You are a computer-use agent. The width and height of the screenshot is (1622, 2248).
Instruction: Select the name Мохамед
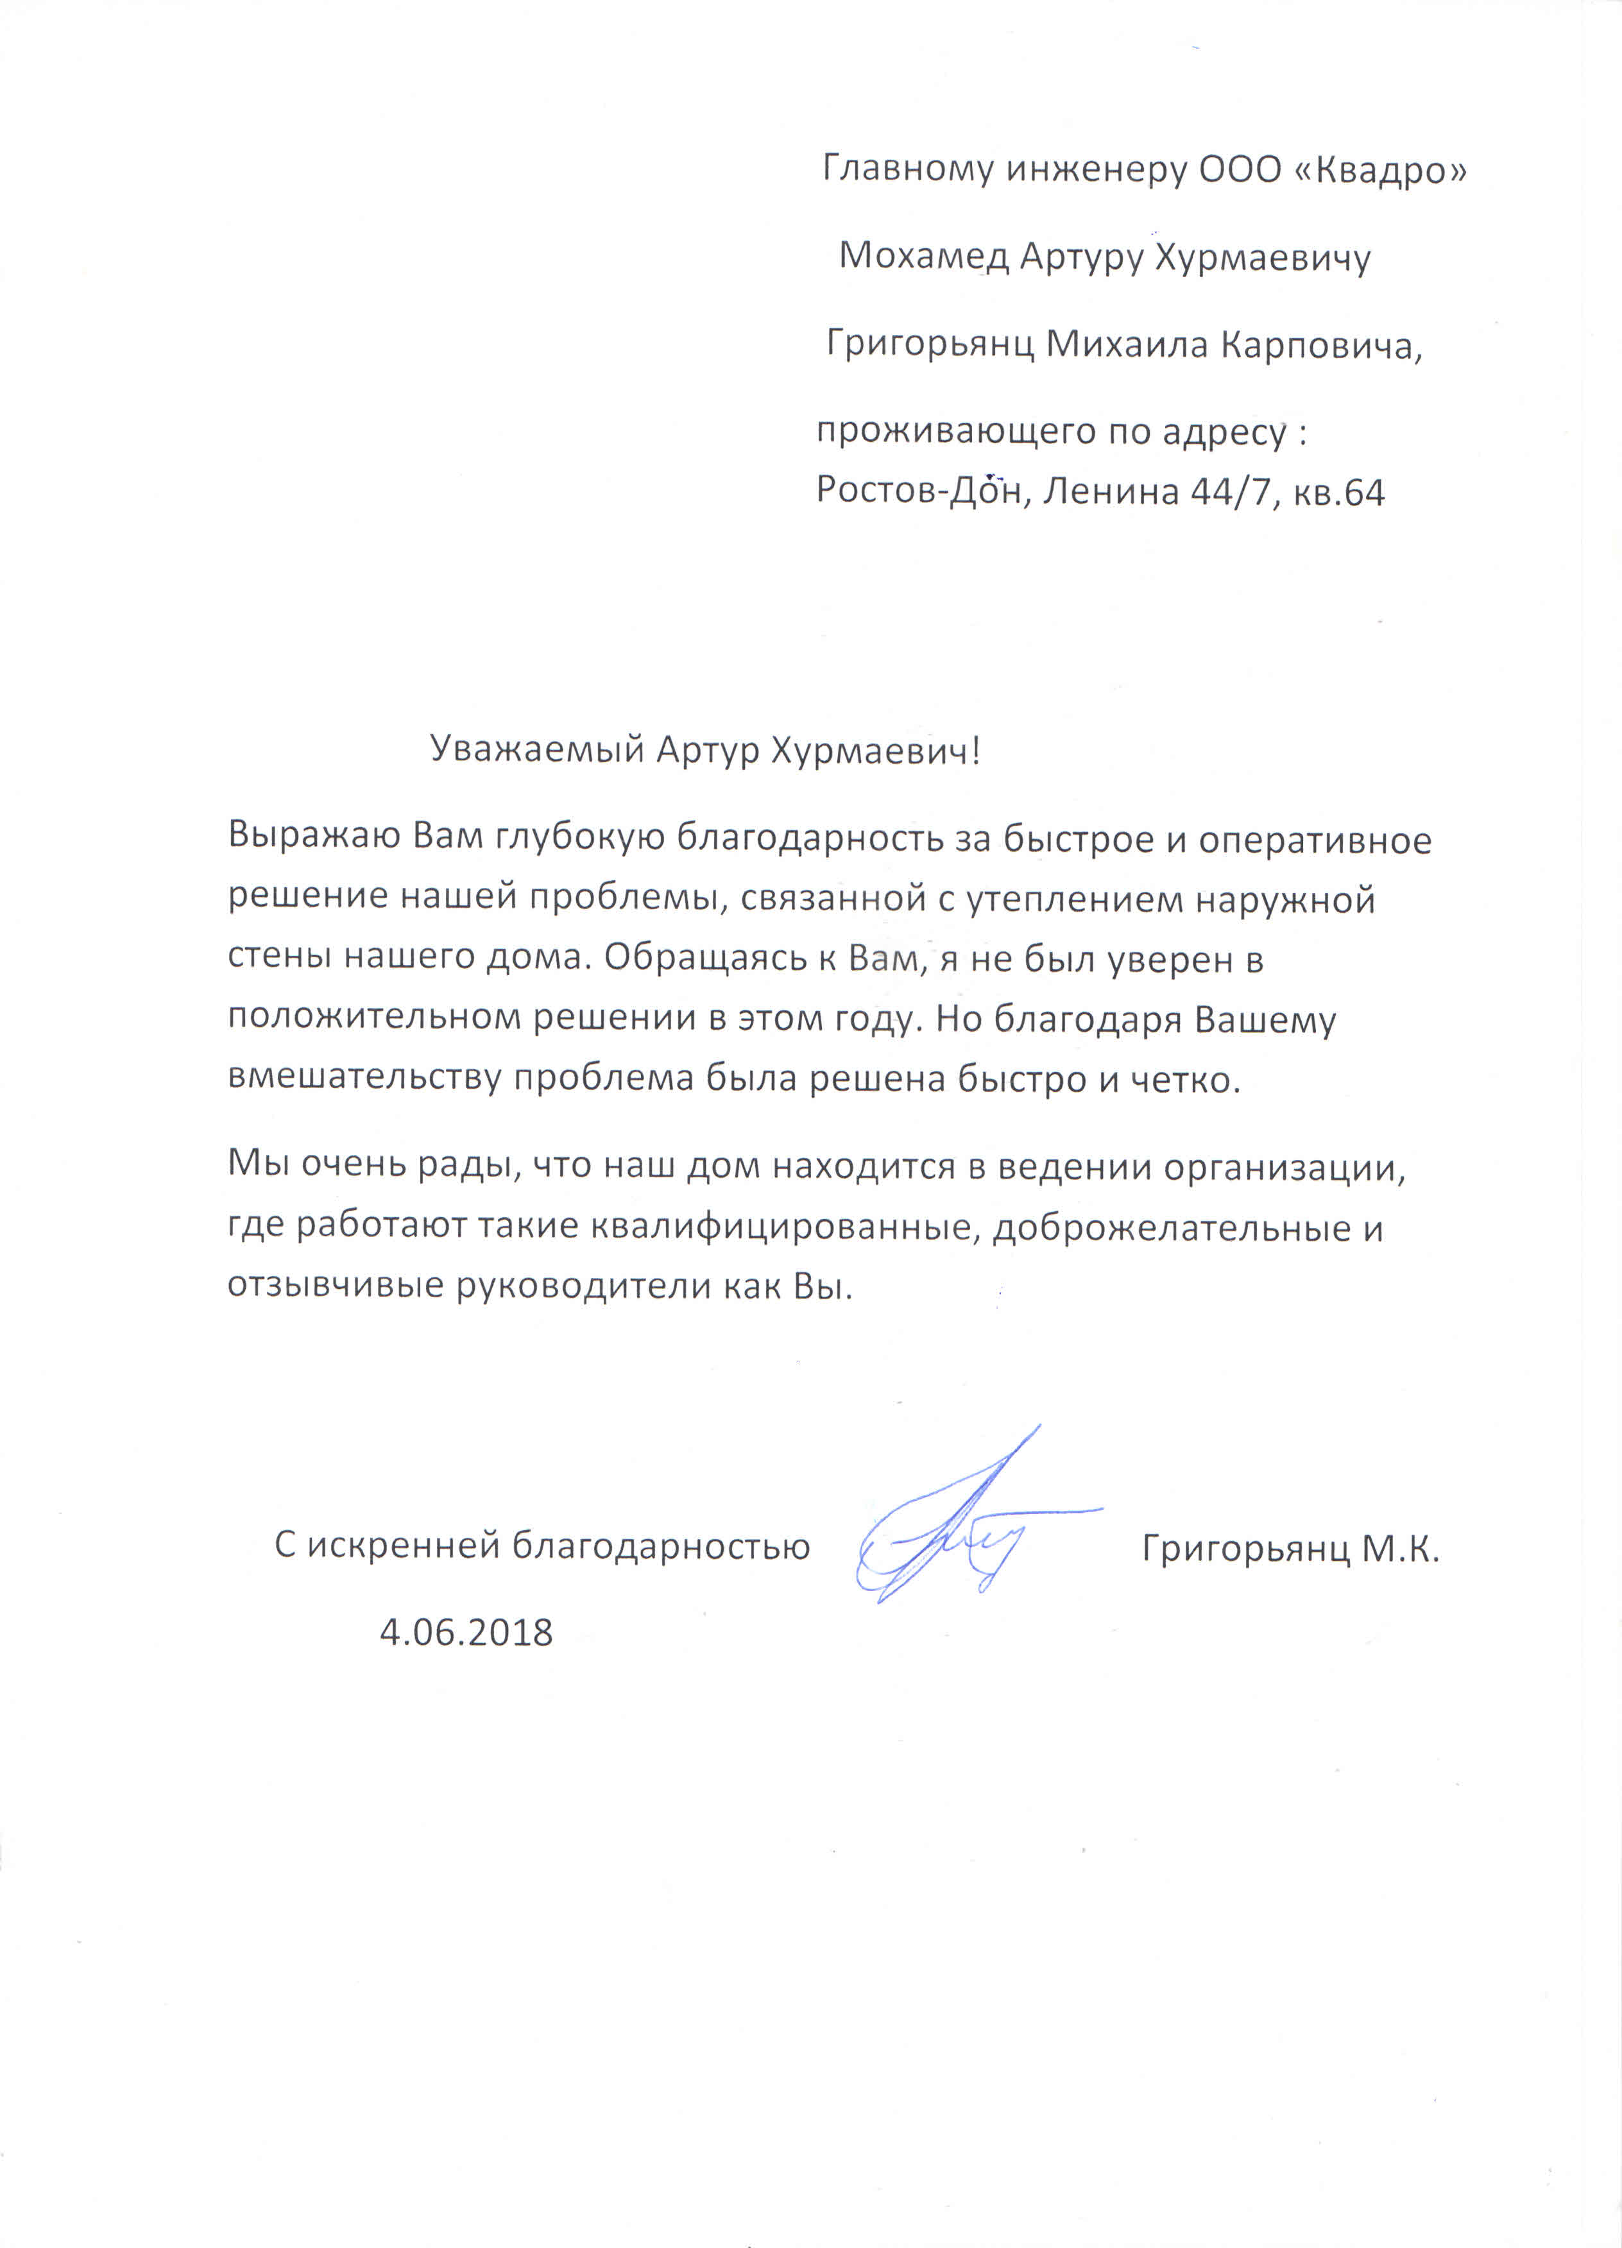pyautogui.click(x=923, y=257)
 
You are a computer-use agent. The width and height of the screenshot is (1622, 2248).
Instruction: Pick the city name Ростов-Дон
pyautogui.click(x=918, y=491)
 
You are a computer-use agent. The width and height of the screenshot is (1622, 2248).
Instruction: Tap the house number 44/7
pyautogui.click(x=1229, y=491)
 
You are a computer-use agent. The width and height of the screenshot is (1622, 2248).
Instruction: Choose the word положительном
pyautogui.click(x=374, y=1018)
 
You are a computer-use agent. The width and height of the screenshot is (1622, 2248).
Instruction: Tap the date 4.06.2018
pyautogui.click(x=466, y=1633)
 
